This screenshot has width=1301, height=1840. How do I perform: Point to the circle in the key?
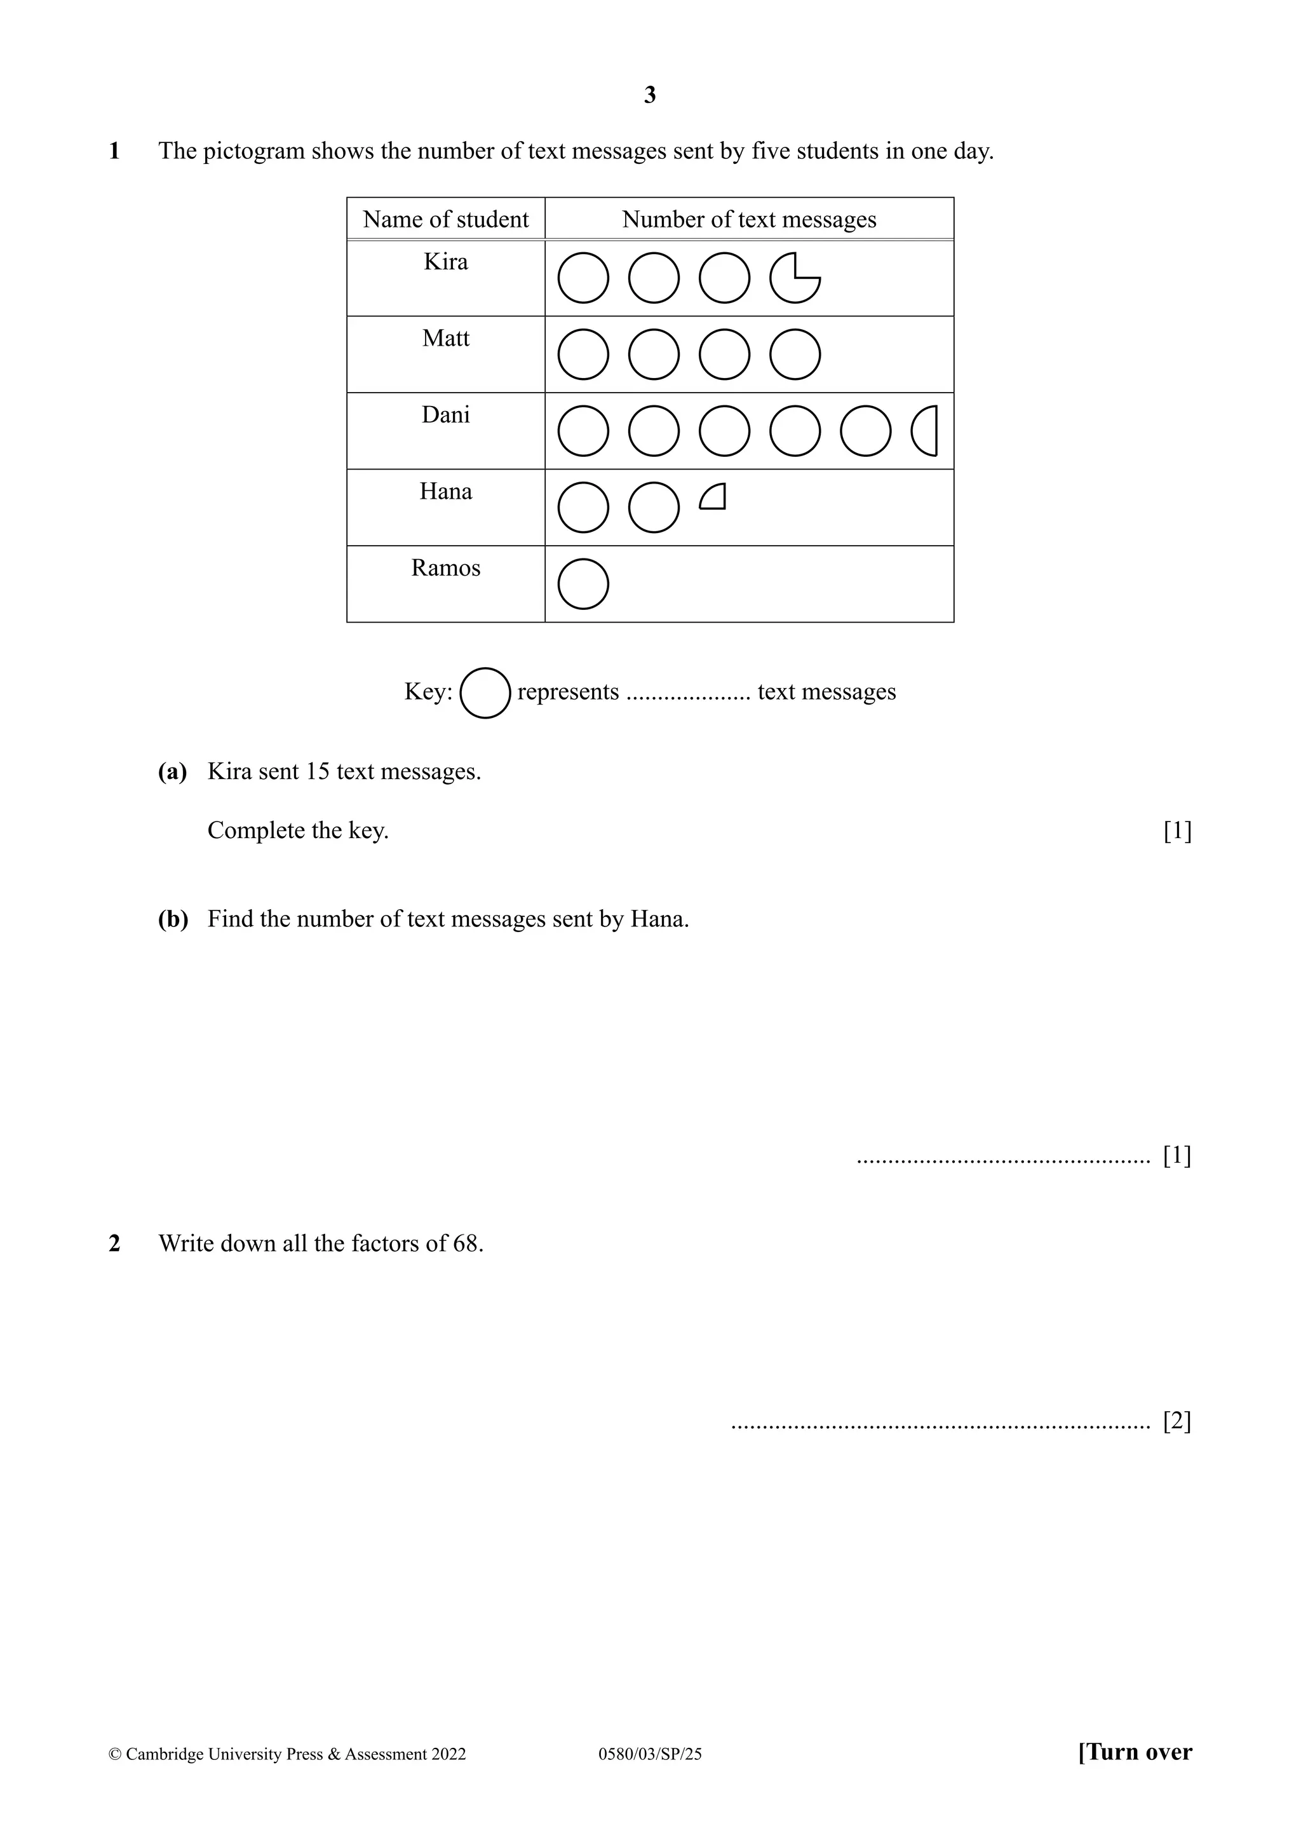coord(485,693)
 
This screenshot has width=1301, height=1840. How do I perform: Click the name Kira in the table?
coord(445,262)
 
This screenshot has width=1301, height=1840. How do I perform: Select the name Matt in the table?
coord(445,338)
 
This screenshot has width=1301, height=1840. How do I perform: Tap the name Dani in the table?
coord(445,415)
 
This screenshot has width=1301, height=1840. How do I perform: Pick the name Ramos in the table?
coord(445,568)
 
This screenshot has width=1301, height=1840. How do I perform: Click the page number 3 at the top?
coord(650,95)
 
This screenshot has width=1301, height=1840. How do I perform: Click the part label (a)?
coord(172,772)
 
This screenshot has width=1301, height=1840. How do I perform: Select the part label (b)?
coord(173,919)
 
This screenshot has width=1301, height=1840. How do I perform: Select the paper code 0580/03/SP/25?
coord(650,1754)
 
